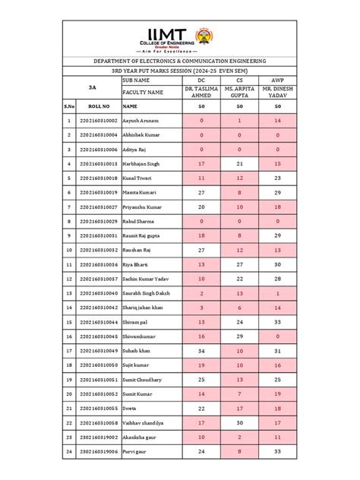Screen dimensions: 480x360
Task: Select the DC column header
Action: (201, 79)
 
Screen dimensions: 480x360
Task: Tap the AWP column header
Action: (279, 79)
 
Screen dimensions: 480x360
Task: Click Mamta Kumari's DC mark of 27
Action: (201, 192)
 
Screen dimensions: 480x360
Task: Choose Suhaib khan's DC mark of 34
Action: (201, 350)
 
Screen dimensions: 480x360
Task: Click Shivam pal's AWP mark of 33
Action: (279, 321)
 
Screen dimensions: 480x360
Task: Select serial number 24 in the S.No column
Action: (68, 451)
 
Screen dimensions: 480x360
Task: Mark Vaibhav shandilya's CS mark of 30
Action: (240, 422)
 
